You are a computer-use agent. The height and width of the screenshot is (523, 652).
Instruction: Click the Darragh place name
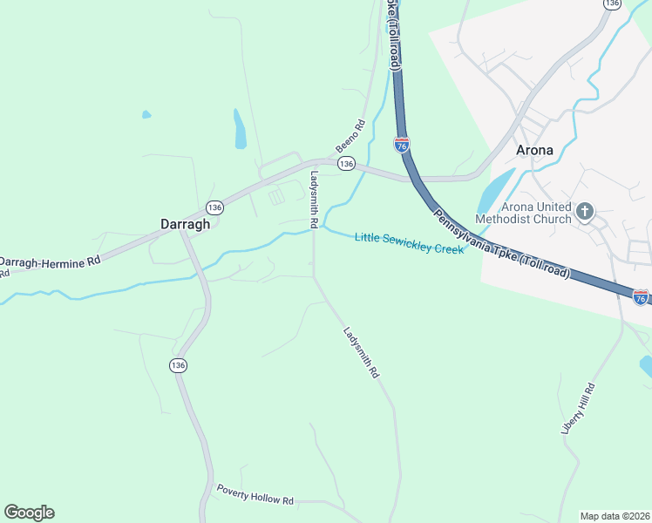[186, 224]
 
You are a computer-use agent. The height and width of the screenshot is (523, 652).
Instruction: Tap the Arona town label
[534, 150]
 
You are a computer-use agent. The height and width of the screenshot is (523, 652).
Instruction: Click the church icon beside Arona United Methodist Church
[585, 210]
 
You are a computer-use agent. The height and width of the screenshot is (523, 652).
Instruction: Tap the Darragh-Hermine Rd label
[51, 261]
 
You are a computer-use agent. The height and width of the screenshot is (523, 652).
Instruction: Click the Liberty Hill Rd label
[577, 409]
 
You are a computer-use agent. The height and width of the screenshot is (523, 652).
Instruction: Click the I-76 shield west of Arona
[402, 144]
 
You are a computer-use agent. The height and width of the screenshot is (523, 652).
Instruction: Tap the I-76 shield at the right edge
[641, 297]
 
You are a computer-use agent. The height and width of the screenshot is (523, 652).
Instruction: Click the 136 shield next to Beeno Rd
[347, 164]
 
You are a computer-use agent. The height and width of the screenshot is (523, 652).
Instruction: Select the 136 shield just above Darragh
[214, 207]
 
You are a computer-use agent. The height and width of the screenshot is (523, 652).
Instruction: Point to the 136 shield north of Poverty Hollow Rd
[179, 364]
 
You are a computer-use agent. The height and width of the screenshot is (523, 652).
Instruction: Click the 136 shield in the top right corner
[613, 4]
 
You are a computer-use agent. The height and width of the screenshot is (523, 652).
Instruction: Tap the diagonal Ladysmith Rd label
[361, 352]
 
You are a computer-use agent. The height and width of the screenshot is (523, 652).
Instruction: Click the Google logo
[29, 513]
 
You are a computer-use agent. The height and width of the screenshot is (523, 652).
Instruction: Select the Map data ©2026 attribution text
[615, 515]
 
